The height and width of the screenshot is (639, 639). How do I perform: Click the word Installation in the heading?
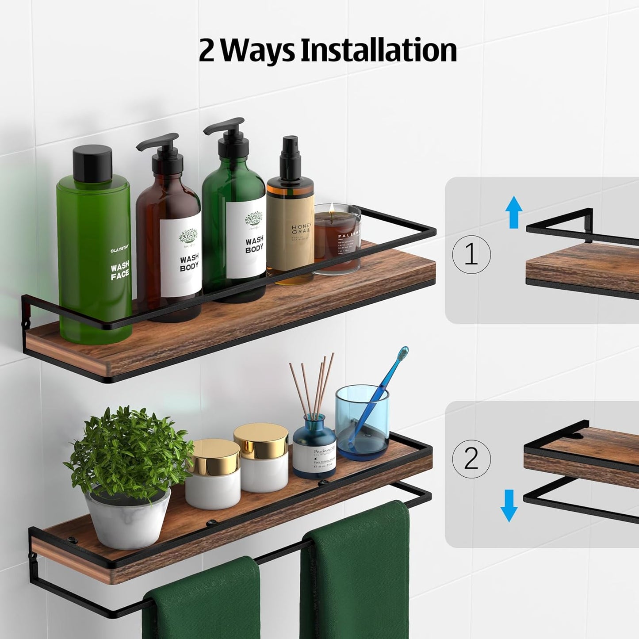[x=379, y=50]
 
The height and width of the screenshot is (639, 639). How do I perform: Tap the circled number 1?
[x=471, y=255]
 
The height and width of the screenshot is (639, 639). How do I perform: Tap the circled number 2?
[x=471, y=459]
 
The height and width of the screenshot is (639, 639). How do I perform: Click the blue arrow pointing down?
[x=509, y=505]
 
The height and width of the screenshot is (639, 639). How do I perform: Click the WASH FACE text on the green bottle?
[x=119, y=271]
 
